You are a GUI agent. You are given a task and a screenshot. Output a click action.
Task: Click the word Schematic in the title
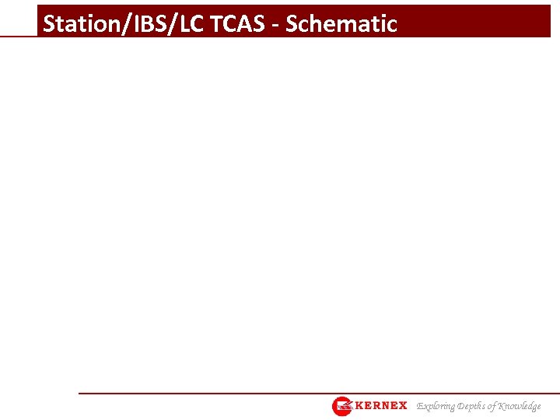pyautogui.click(x=341, y=24)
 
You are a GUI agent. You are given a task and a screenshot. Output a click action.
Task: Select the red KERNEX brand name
pyautogui.click(x=380, y=406)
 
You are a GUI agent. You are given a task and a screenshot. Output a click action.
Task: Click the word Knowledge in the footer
pyautogui.click(x=520, y=406)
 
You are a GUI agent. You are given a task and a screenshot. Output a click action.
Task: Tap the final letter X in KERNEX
pyautogui.click(x=402, y=406)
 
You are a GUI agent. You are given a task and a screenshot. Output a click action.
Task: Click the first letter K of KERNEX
pyautogui.click(x=359, y=406)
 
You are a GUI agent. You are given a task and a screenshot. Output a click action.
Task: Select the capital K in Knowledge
pyautogui.click(x=503, y=406)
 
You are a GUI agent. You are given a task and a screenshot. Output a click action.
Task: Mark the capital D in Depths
pyautogui.click(x=460, y=406)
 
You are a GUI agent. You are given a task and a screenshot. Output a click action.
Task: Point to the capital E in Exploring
pyautogui.click(x=420, y=406)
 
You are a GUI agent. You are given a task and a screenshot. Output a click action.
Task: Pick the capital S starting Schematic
pyautogui.click(x=292, y=24)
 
